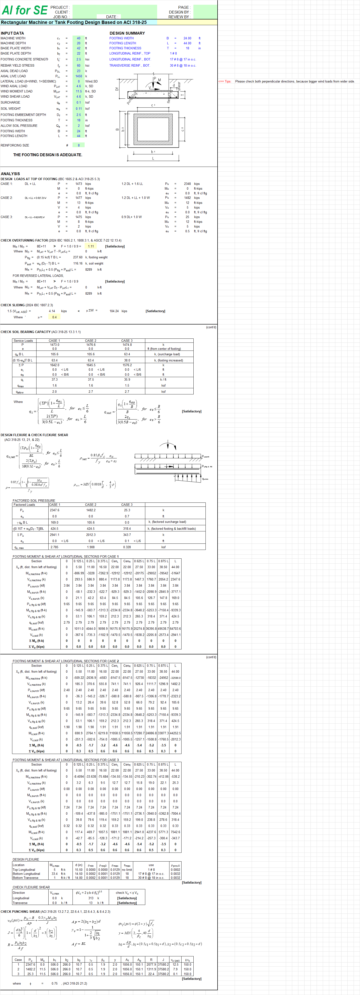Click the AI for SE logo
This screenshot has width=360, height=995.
tap(24, 10)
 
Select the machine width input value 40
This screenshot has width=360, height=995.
tap(78, 38)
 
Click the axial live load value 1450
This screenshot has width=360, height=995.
tap(78, 76)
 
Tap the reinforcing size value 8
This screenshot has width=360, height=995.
tap(78, 145)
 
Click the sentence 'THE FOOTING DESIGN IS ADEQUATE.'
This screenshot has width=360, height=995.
tap(47, 155)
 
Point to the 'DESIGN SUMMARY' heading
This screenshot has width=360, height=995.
tap(127, 33)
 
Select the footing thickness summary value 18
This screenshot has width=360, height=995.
tap(187, 48)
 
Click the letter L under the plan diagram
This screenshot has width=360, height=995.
tap(153, 158)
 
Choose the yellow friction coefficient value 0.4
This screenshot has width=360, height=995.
tap(55, 317)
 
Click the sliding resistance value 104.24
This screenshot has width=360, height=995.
tap(114, 311)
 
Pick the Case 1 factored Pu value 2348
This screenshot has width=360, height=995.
tap(187, 184)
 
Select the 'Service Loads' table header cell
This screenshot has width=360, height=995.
tap(23, 341)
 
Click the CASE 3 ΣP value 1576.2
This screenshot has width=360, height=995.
tap(127, 365)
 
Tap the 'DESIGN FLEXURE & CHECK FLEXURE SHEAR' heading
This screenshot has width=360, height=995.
tap(34, 435)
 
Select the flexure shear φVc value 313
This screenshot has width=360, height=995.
tap(91, 898)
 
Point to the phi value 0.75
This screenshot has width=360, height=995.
tap(55, 983)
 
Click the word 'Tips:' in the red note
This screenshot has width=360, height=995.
tap(228, 82)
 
